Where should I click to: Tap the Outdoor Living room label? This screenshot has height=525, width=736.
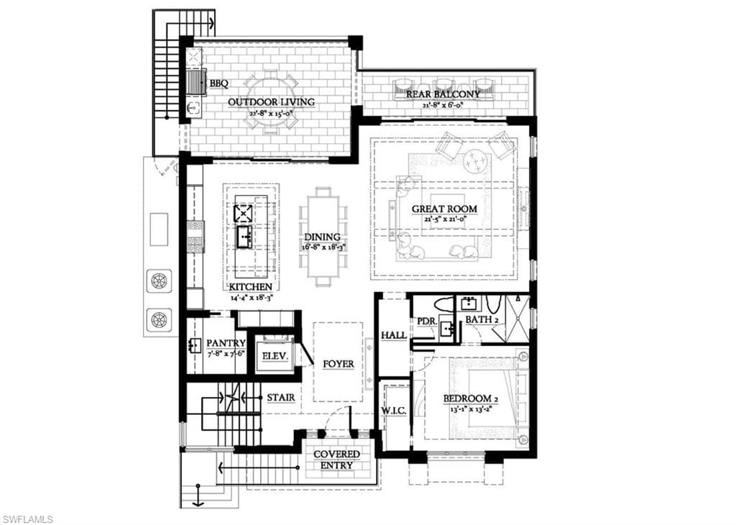(271, 102)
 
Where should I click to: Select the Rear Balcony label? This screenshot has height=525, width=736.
(443, 94)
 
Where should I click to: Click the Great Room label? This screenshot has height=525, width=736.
(443, 209)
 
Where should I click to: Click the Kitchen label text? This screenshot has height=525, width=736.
(252, 286)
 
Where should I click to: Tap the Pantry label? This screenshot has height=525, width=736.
(226, 343)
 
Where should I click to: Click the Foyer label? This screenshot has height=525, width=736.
(338, 364)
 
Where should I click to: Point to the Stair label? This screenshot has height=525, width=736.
(281, 397)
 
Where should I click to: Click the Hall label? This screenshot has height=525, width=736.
(393, 336)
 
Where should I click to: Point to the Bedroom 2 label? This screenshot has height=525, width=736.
(471, 398)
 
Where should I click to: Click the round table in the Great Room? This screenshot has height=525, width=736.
(474, 161)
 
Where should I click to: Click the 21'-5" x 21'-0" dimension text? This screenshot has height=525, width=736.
(443, 219)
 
